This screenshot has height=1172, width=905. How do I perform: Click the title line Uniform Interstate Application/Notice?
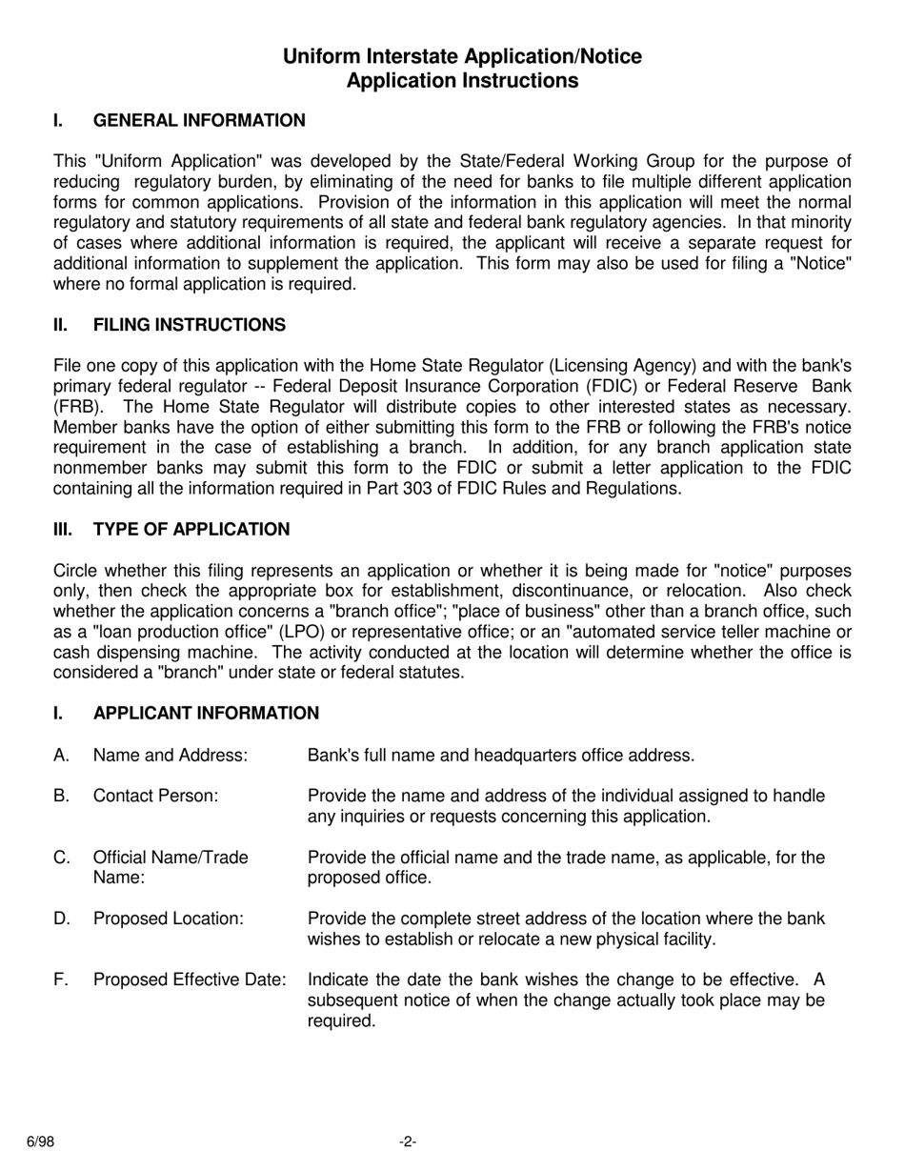[x=462, y=57]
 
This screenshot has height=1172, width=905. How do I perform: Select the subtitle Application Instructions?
[x=462, y=81]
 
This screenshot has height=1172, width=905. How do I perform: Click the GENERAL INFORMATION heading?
[x=199, y=120]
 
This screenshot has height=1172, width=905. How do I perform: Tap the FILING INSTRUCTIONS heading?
[x=189, y=325]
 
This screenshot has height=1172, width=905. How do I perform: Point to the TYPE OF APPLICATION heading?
[x=191, y=530]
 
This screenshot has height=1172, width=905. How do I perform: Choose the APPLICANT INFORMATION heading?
[x=206, y=714]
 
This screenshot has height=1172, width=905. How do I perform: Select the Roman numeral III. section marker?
[x=62, y=530]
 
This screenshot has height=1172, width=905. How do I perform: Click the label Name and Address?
[x=171, y=756]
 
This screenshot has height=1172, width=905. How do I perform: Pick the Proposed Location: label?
[x=169, y=919]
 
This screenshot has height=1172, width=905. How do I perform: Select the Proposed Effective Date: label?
[x=190, y=980]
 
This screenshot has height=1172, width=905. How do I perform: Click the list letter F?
[x=61, y=980]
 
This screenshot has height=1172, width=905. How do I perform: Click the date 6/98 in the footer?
[x=40, y=1142]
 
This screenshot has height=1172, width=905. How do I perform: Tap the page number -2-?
[x=408, y=1142]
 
